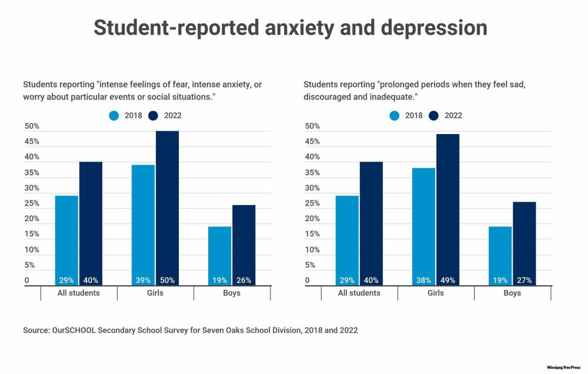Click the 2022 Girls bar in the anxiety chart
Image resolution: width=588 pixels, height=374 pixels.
point(167,206)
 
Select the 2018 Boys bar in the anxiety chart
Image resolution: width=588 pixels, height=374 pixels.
point(219,253)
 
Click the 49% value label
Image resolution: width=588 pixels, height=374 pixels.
point(447,280)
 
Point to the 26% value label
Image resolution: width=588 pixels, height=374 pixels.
point(243,280)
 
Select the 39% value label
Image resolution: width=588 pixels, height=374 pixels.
point(143,280)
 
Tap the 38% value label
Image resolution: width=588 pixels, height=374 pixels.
point(423,280)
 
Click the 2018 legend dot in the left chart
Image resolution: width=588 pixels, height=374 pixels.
point(114,116)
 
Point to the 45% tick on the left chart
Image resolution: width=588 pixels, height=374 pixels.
point(32,142)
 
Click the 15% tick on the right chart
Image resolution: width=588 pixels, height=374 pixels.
point(312,234)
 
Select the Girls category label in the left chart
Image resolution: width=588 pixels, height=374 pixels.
point(155,293)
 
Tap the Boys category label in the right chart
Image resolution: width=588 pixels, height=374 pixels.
point(512,293)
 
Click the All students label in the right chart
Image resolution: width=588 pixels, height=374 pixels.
point(359,293)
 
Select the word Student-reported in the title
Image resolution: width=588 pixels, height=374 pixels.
point(173,28)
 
